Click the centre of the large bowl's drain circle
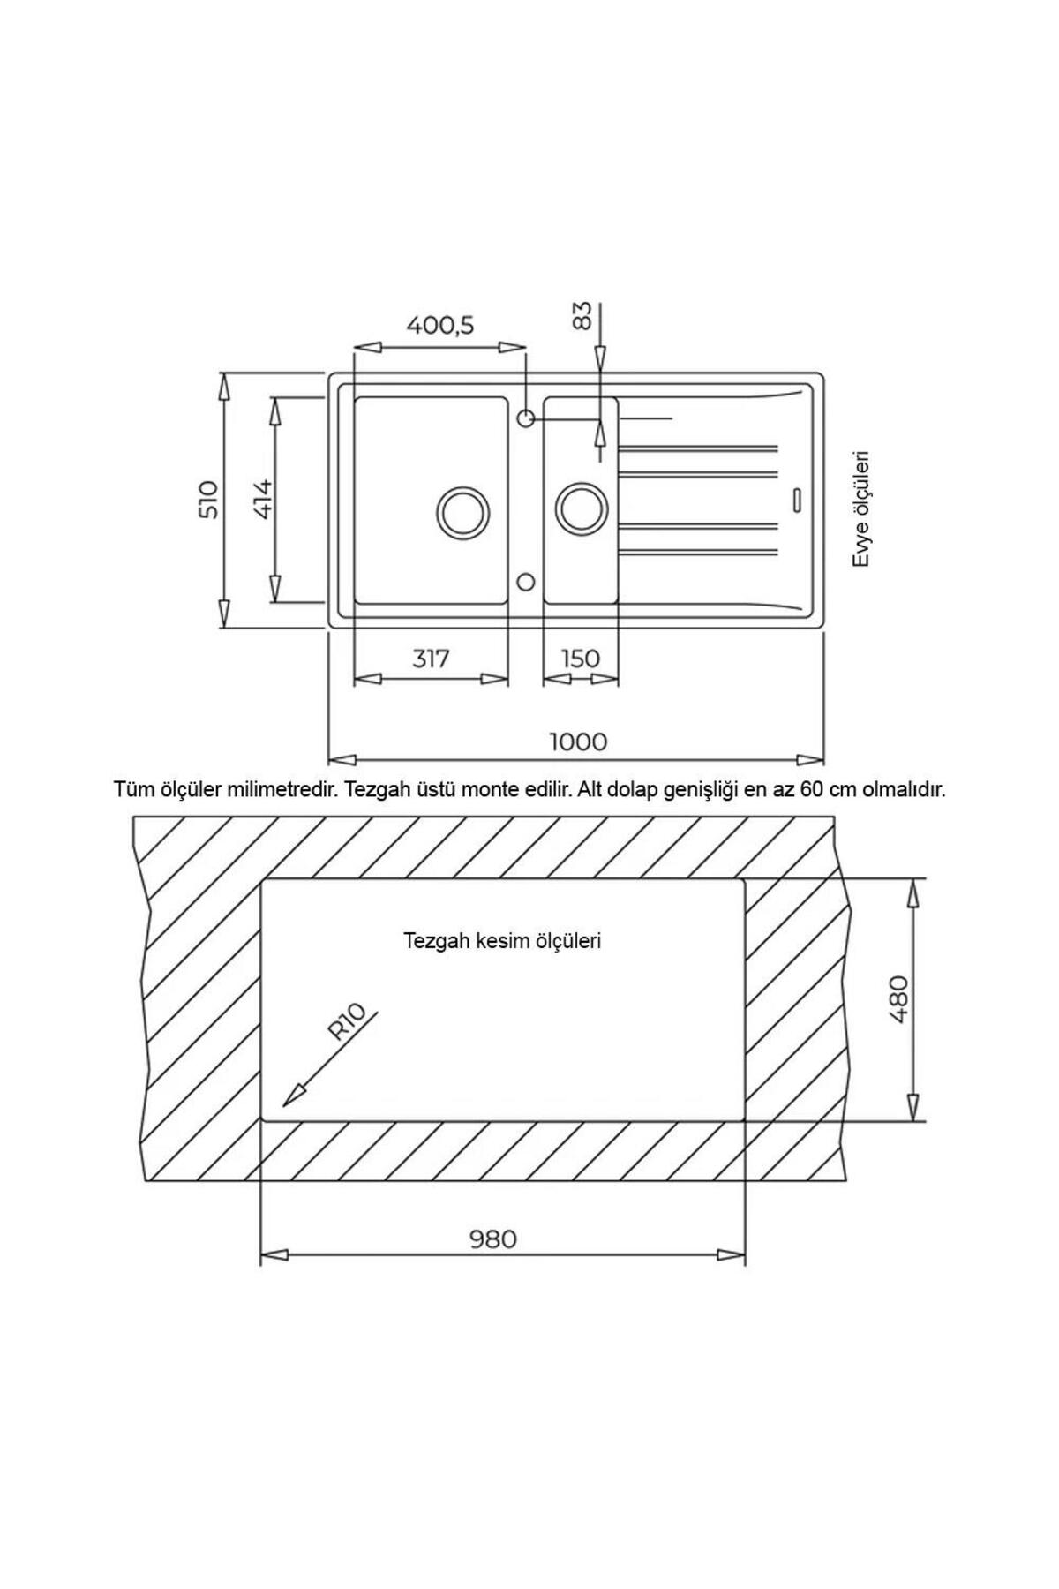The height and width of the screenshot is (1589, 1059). pyautogui.click(x=462, y=510)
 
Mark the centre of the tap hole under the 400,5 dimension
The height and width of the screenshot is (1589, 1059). pyautogui.click(x=525, y=418)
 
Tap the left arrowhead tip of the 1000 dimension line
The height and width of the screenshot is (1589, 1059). pyautogui.click(x=328, y=759)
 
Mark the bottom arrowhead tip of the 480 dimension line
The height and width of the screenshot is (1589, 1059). pyautogui.click(x=914, y=1121)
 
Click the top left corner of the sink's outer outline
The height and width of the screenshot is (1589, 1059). pyautogui.click(x=329, y=373)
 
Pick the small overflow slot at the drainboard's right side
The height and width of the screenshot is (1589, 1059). pyautogui.click(x=797, y=499)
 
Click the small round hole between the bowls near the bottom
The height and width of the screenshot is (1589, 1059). pyautogui.click(x=525, y=582)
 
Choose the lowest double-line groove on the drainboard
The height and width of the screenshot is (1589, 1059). pyautogui.click(x=699, y=552)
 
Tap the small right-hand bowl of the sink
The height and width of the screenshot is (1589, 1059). pyautogui.click(x=581, y=501)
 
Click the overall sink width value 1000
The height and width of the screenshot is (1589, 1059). pyautogui.click(x=579, y=742)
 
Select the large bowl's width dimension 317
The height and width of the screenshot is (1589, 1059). pyautogui.click(x=431, y=659)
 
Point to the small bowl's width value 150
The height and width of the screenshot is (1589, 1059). pyautogui.click(x=580, y=659)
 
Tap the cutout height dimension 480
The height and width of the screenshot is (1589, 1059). pyautogui.click(x=898, y=998)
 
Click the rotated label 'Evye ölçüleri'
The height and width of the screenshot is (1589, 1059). pyautogui.click(x=862, y=510)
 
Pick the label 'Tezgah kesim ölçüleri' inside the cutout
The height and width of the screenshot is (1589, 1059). pyautogui.click(x=502, y=941)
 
